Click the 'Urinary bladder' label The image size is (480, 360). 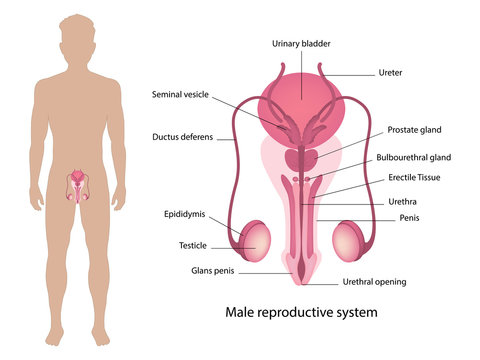[301, 44]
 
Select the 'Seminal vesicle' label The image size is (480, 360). [180, 94]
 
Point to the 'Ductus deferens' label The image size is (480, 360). [183, 136]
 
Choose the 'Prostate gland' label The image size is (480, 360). [414, 130]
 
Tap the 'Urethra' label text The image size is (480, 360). [402, 201]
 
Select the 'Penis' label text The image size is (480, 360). [409, 217]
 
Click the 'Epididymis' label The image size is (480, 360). [186, 214]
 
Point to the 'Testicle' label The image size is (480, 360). [193, 244]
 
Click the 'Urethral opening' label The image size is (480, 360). [374, 282]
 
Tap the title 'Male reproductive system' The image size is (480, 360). [301, 313]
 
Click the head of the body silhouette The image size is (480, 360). [81, 40]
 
